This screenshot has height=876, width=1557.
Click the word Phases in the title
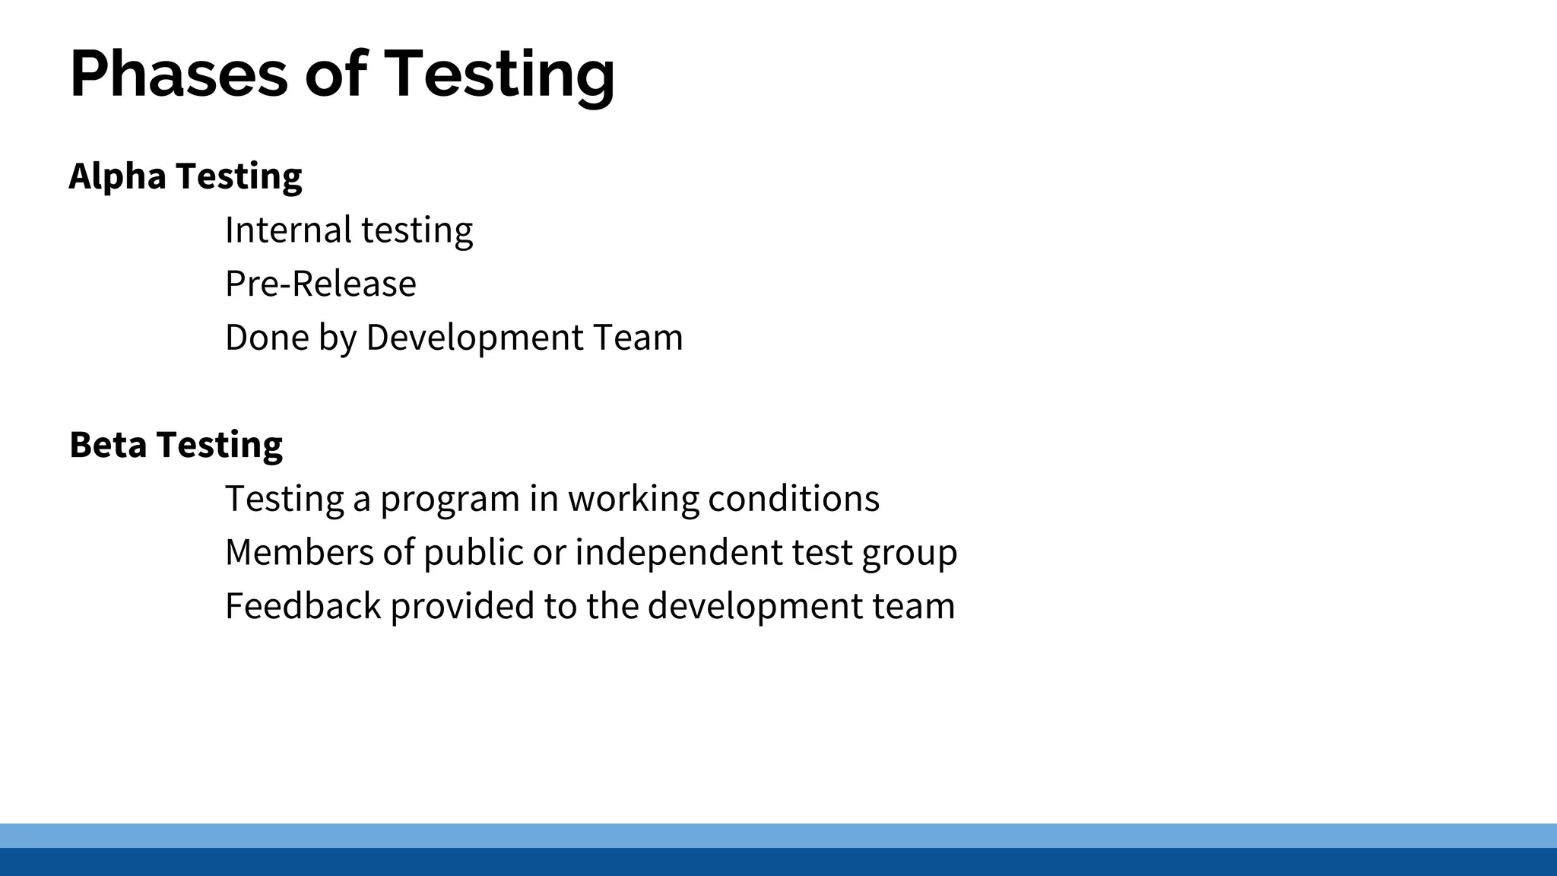[179, 74]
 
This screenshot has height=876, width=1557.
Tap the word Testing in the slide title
[499, 74]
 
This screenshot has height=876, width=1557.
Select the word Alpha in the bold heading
[117, 176]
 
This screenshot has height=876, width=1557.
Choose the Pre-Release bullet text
[321, 284]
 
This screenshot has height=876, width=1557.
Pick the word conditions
[794, 499]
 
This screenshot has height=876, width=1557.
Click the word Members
[300, 552]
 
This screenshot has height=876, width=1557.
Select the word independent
[678, 552]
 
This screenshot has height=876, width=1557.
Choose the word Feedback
[303, 606]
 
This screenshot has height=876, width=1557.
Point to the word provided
[463, 607]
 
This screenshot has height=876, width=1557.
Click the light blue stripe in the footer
[778, 835]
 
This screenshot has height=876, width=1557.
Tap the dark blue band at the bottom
[778, 862]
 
